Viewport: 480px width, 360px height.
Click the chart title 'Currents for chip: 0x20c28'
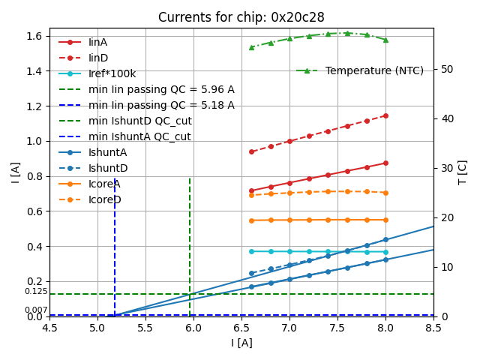(241, 17)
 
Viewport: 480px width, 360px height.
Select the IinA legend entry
(97, 42)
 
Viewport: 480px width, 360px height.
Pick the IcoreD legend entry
(104, 199)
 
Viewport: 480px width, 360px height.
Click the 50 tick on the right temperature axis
(443, 69)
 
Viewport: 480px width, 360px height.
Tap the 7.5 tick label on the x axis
(337, 328)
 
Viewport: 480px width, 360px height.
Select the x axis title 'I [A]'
(241, 343)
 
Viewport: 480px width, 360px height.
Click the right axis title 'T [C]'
(463, 172)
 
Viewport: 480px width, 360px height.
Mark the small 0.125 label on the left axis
(36, 292)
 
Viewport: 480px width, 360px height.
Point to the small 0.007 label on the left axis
(36, 310)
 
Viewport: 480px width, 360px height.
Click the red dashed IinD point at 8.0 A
(385, 115)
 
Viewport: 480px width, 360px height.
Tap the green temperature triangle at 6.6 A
(251, 47)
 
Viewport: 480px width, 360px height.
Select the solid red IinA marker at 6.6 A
(251, 190)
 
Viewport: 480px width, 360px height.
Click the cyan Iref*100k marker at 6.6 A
(251, 251)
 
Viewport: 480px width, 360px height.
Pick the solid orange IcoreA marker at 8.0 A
(385, 220)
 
